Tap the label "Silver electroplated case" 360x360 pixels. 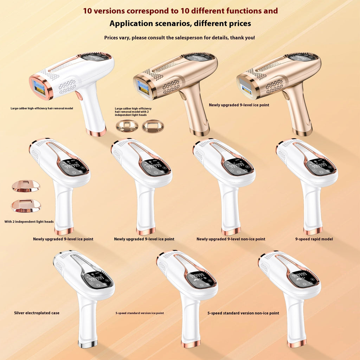pyautogui.click(x=37, y=313)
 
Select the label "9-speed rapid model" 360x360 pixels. pyautogui.click(x=314, y=239)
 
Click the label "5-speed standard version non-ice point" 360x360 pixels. pyautogui.click(x=243, y=313)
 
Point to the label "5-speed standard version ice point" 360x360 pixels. pyautogui.click(x=140, y=313)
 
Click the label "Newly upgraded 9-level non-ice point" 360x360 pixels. pyautogui.click(x=231, y=239)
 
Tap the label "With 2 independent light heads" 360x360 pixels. pyautogui.click(x=29, y=222)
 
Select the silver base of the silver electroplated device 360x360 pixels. pyautogui.click(x=88, y=345)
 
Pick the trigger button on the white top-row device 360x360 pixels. pyautogui.click(x=79, y=96)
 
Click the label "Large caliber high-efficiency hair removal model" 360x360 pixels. pyautogui.click(x=42, y=108)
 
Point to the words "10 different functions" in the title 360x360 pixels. pyautogui.click(x=221, y=11)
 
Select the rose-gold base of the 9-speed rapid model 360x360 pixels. pyautogui.click(x=313, y=231)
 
